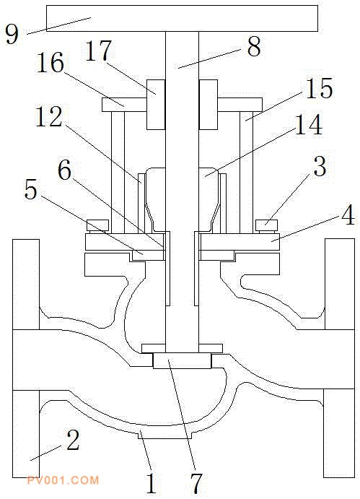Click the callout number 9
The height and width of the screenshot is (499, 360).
pos(12,34)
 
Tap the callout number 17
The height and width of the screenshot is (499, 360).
pos(99,51)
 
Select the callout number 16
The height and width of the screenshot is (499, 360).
pos(51,63)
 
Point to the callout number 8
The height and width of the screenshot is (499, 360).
pos(254,46)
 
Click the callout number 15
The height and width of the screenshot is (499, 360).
pos(320,87)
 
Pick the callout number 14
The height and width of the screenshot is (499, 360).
pos(309,124)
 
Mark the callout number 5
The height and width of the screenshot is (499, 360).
pos(31,190)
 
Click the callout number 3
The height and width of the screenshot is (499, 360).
pos(320,166)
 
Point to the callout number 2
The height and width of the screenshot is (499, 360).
pos(73,440)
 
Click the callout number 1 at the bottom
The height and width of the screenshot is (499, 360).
pos(151,483)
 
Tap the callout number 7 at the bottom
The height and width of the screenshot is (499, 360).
pos(196,483)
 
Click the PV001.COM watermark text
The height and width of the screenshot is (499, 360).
pos(63,480)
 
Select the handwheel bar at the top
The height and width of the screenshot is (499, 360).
pos(182,18)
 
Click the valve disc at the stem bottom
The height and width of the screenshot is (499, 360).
pos(182,360)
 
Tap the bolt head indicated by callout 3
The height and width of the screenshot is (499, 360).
pos(266,225)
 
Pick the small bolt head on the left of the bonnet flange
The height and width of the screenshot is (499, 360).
pos(97,225)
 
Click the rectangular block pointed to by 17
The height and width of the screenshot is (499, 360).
pos(156,105)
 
